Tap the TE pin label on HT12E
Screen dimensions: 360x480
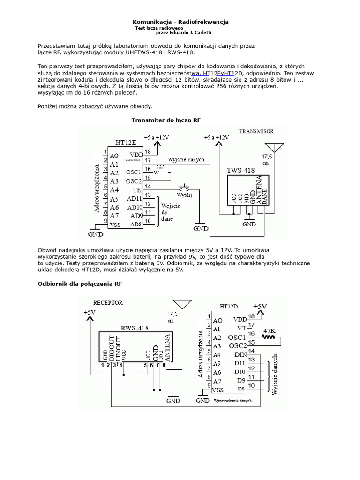coord(137,190)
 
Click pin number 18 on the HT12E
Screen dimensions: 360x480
coord(148,151)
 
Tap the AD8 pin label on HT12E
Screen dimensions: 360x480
coord(136,225)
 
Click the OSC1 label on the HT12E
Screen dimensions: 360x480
coord(134,172)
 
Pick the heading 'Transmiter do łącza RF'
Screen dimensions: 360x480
coord(166,120)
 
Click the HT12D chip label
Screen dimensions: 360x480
coord(229,306)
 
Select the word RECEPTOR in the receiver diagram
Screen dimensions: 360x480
coord(108,303)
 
